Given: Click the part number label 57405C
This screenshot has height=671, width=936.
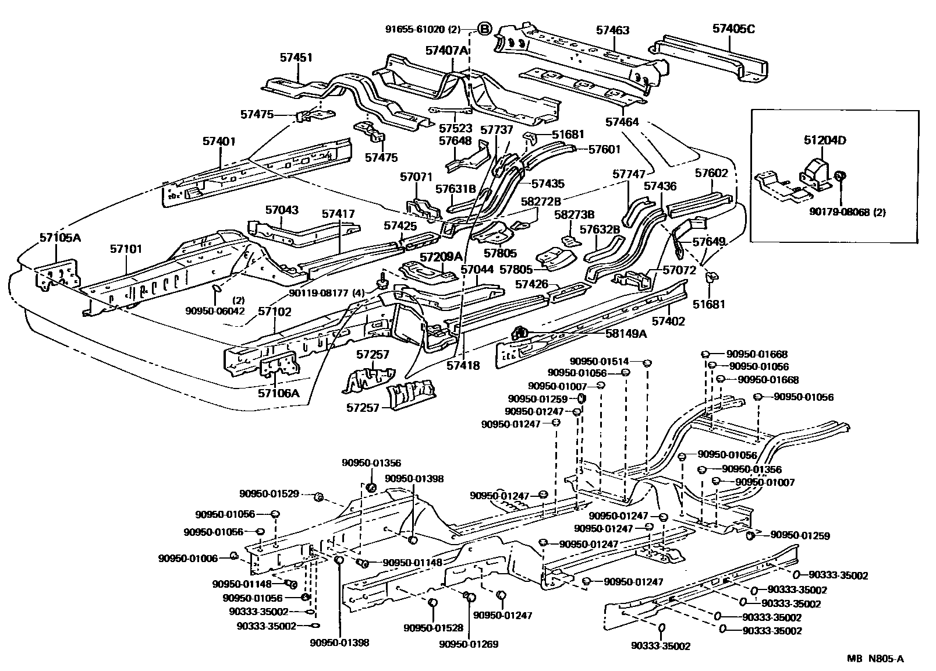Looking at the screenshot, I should [x=733, y=28].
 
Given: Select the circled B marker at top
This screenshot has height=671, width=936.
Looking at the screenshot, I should [x=484, y=29].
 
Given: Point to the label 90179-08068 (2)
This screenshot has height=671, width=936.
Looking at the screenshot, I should [x=847, y=213].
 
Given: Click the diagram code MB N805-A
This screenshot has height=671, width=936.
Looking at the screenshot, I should [x=875, y=659].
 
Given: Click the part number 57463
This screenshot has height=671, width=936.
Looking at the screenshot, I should [x=612, y=30].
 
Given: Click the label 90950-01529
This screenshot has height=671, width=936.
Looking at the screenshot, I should [x=269, y=494].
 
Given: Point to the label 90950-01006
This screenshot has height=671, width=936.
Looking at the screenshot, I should [x=187, y=558].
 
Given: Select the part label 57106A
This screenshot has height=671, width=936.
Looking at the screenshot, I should [x=279, y=393].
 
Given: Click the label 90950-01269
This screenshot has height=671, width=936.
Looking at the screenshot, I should [x=469, y=644].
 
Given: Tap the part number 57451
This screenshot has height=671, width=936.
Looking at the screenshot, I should [x=296, y=58].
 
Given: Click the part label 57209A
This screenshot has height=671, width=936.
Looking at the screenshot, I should [x=441, y=257].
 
